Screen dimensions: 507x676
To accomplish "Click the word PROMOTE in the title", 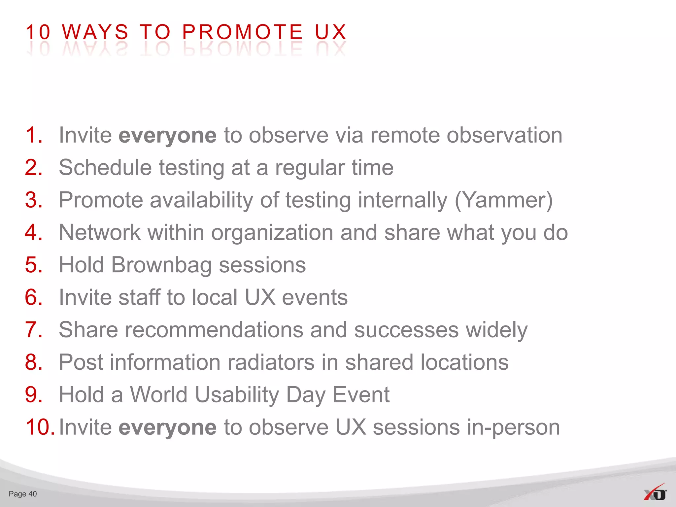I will tap(242, 32).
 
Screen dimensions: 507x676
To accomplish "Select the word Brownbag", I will tap(161, 265).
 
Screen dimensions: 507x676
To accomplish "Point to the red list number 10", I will tap(39, 427).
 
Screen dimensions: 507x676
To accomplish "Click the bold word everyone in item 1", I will tap(167, 135).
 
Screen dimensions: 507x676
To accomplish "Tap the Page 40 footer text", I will tap(23, 494).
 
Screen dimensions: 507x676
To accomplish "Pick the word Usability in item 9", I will tap(237, 395).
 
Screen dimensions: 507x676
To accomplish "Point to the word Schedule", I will tap(105, 168).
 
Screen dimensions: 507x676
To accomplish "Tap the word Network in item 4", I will tap(100, 232).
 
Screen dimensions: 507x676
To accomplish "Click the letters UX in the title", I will tap(331, 32).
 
